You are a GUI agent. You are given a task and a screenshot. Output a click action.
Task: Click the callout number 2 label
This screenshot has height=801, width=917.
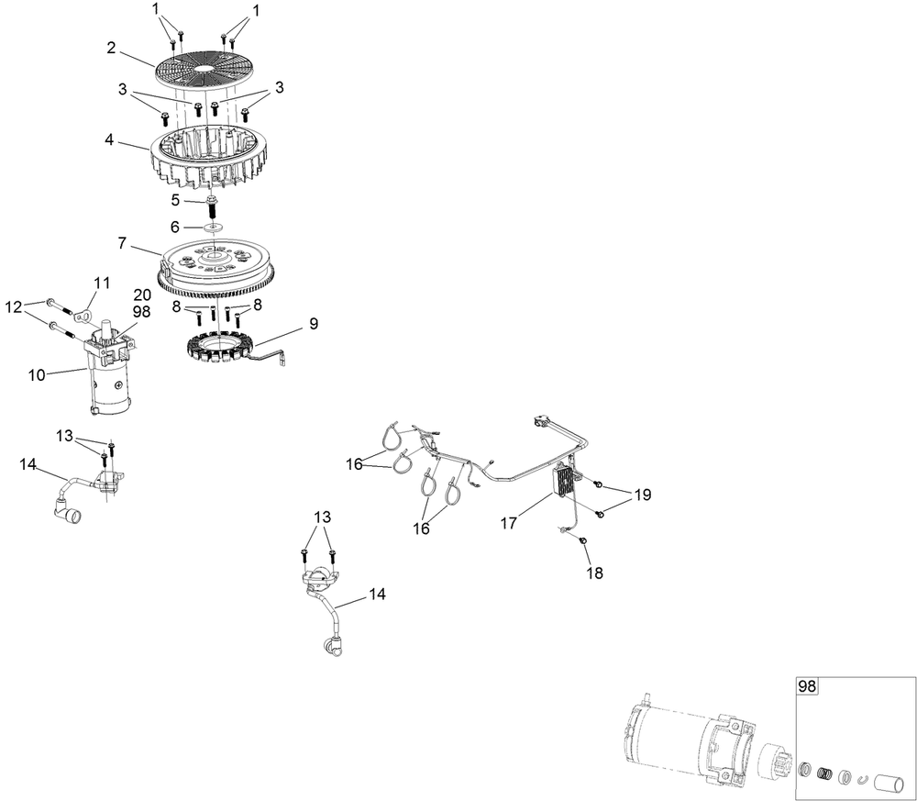(111, 48)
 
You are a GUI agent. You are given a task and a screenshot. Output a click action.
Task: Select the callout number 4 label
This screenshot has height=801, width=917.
(109, 141)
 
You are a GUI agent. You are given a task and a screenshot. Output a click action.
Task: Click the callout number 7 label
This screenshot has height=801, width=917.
(120, 242)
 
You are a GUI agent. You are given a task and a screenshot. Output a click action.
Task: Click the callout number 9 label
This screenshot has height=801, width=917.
(313, 323)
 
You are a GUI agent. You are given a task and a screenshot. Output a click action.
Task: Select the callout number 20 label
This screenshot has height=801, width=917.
(142, 295)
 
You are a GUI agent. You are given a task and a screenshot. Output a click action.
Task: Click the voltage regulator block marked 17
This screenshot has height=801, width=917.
(566, 479)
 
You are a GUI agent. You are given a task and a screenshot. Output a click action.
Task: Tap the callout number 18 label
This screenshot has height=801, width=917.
(596, 573)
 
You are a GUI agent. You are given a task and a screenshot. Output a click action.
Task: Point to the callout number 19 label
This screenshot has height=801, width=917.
(642, 495)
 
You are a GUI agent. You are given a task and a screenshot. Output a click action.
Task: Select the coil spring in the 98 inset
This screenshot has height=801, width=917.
(824, 773)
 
